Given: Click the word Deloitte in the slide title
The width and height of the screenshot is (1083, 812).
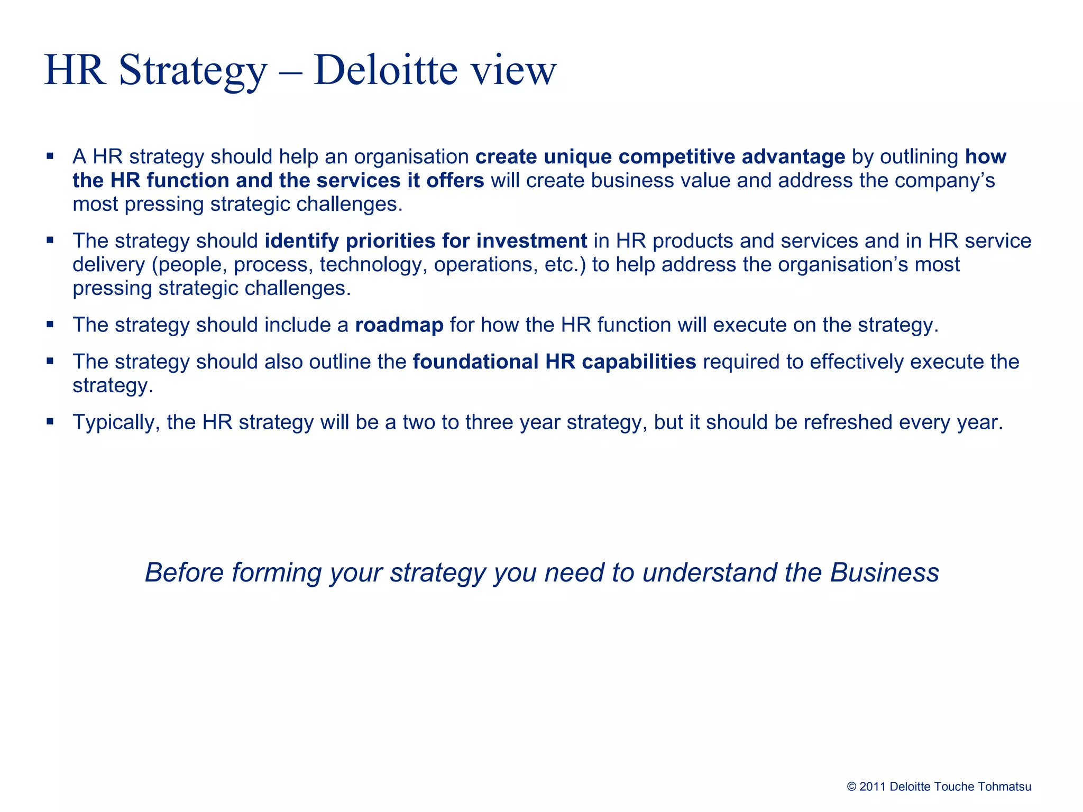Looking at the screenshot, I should point(386,70).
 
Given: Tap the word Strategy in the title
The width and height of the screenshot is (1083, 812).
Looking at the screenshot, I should point(193,71).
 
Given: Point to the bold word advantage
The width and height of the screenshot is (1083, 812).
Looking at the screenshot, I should point(793,157).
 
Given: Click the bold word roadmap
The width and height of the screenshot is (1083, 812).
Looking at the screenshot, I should point(399,325).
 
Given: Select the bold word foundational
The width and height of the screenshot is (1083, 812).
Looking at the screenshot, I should point(475,362).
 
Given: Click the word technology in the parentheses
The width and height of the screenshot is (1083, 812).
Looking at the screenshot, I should point(374,265).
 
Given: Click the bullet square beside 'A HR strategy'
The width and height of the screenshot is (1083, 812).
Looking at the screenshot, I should point(50,156).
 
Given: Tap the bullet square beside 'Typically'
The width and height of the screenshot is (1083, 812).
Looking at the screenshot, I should point(50,422).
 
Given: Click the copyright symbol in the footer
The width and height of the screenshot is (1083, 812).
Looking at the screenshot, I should point(851,787).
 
